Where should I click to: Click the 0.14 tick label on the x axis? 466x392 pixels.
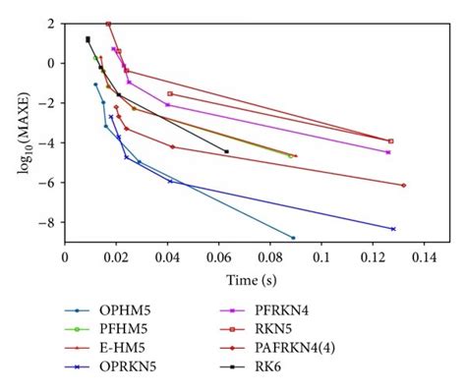(x=423, y=254)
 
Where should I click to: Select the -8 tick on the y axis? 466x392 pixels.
(x=51, y=224)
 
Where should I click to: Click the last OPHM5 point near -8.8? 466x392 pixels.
(x=293, y=238)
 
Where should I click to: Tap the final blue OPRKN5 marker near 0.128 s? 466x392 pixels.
(x=393, y=229)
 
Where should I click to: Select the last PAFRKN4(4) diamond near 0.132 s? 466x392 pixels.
(x=404, y=185)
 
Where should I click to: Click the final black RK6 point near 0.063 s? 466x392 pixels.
(x=227, y=151)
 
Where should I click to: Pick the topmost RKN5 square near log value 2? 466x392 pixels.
(x=108, y=24)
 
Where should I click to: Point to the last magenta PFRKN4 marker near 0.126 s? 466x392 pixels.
(x=388, y=152)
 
